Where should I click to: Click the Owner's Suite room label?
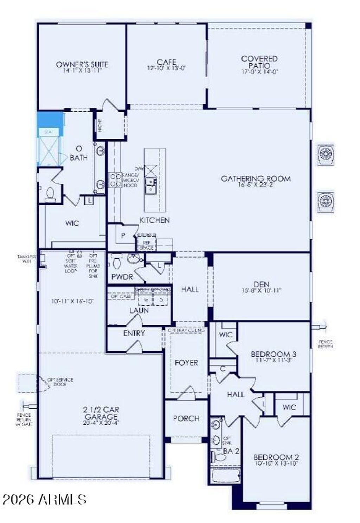pos(82,64)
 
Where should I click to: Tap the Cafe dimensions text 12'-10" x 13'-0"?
pos(166,68)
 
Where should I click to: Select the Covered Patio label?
pos(259,62)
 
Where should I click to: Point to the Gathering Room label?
pos(256,179)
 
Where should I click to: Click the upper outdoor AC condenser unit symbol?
pos(326,154)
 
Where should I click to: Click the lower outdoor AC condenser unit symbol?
pos(326,202)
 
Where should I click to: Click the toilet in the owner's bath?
pos(50,194)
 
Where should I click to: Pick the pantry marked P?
pos(123,235)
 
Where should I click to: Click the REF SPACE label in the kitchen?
pos(146,245)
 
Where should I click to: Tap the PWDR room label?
pos(122,277)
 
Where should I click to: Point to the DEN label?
pos(261,284)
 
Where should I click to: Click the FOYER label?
pos(186,362)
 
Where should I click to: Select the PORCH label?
pos(186,418)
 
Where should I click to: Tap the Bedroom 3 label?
pos(271,354)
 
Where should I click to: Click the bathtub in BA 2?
pos(226,476)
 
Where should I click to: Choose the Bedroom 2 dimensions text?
pos(276,464)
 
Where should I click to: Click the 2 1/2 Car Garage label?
pos(101,413)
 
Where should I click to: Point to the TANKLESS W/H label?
pos(26,259)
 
